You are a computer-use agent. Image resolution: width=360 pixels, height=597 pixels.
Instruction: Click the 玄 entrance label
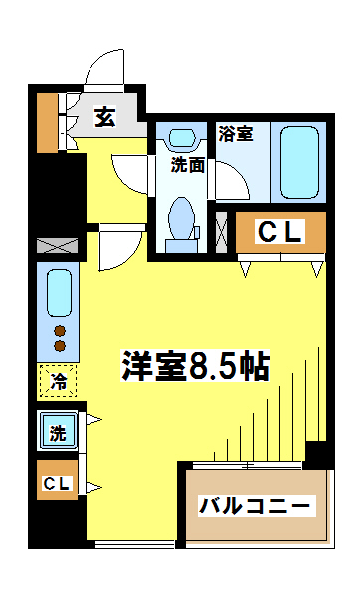[104, 116]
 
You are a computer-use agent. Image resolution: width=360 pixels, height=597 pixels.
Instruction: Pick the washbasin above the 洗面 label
[183, 139]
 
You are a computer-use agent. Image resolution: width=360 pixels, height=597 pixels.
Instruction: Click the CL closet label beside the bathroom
[280, 231]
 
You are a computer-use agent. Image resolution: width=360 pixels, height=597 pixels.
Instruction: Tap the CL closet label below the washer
[56, 484]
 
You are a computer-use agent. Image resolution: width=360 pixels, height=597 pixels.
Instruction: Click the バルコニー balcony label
[257, 505]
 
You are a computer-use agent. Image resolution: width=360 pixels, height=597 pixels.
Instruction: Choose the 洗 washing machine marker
[58, 432]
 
